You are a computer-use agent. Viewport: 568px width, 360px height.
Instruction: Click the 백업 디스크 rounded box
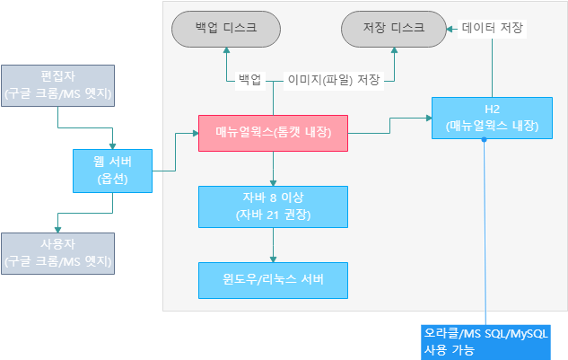226,29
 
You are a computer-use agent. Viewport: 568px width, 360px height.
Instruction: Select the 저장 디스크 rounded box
394,29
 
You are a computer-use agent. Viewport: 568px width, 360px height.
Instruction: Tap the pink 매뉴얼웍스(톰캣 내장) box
273,133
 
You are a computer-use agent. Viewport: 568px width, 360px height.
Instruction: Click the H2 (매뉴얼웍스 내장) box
492,118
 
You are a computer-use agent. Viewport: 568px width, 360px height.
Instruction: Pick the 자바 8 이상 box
273,206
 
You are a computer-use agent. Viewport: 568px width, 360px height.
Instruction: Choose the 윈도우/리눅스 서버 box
273,280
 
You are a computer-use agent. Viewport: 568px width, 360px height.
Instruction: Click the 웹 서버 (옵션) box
113,171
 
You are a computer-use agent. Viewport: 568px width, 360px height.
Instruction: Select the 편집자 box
58,85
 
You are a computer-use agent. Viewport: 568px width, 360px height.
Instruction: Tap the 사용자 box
58,253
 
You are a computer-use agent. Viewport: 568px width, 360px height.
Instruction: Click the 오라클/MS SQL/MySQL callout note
485,342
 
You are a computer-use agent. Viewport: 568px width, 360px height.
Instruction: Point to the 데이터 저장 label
493,28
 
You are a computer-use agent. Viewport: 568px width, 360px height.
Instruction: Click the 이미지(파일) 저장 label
334,80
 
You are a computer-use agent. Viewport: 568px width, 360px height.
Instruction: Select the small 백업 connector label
250,80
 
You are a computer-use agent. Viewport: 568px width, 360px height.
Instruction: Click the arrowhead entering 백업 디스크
226,50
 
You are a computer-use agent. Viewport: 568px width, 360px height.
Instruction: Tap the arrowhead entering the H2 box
429,118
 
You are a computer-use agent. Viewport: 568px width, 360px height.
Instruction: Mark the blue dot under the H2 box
484,139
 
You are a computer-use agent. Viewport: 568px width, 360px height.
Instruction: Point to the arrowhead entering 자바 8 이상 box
273,183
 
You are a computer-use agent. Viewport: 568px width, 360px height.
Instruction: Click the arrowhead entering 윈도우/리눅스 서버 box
273,259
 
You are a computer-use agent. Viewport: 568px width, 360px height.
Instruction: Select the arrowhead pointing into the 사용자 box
57,230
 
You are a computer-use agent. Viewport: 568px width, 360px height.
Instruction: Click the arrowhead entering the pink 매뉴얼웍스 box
196,134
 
